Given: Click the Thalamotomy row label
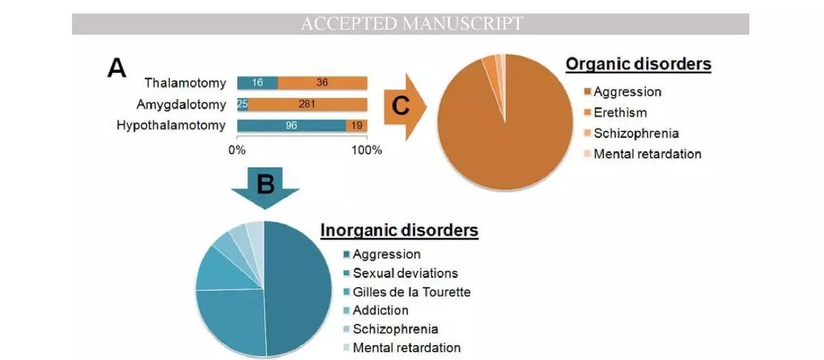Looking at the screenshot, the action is (185, 83).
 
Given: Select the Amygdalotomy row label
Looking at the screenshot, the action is (181, 104).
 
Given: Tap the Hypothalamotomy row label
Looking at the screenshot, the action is (171, 125).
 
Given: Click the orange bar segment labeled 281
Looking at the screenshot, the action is (307, 104).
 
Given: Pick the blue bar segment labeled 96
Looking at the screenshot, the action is (291, 126).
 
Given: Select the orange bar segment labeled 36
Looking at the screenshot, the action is (322, 83).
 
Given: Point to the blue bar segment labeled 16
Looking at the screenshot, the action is (257, 83).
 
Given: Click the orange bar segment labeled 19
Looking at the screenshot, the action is (357, 126).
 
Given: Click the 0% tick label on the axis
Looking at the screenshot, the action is (237, 150).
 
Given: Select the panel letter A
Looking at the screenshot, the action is (116, 67).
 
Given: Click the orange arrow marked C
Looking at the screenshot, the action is (403, 106).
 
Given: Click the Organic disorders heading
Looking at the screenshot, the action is (638, 64).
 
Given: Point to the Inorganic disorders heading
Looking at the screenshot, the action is (399, 231).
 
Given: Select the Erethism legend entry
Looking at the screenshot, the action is (620, 113).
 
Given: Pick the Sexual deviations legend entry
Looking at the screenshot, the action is (405, 273).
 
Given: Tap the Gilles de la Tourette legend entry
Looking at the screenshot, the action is (411, 292).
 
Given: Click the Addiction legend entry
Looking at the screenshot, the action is (380, 310).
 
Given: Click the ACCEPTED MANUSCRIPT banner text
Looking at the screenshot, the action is (411, 24).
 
